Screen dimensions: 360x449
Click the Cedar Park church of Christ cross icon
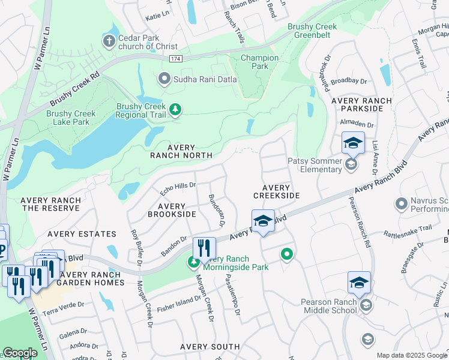(x=109, y=41)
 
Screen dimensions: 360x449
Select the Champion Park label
(x=259, y=62)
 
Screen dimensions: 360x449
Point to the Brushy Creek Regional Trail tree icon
(x=175, y=109)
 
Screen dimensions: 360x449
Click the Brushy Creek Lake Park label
(x=71, y=118)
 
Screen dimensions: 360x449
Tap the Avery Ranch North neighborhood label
(x=181, y=151)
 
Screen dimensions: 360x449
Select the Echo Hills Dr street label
(x=178, y=188)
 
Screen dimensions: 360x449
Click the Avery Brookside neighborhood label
(x=172, y=209)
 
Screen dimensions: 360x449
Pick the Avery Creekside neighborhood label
(x=276, y=191)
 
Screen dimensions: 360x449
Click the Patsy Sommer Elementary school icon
(x=352, y=163)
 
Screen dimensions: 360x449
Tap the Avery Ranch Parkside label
(x=361, y=105)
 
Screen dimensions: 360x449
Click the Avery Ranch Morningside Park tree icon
(x=193, y=262)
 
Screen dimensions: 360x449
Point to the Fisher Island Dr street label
(x=179, y=304)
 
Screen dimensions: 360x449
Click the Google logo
(x=20, y=353)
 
